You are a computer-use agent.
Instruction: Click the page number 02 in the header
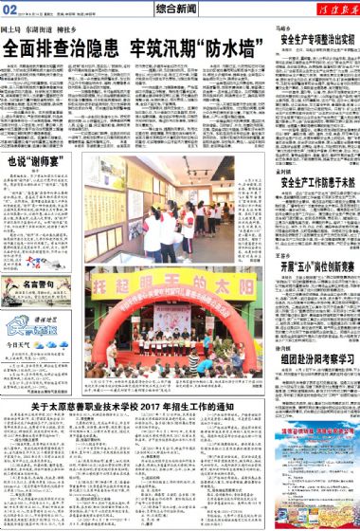click(x=12, y=9)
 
